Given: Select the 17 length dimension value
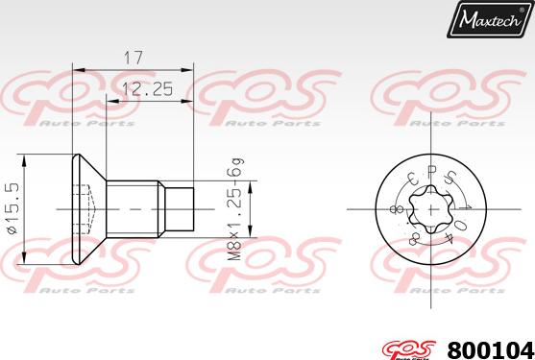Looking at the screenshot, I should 134,59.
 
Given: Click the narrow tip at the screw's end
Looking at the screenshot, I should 183,208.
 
